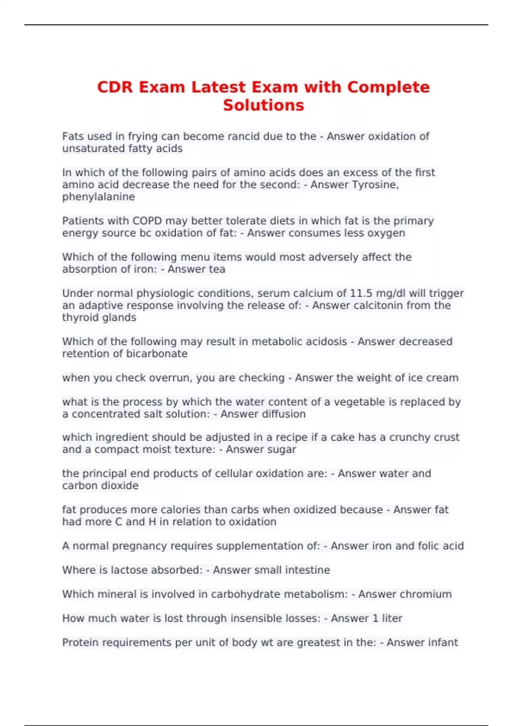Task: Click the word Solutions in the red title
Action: point(263,105)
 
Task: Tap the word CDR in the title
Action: point(115,87)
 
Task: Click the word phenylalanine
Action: point(98,197)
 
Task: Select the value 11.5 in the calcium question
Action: point(362,293)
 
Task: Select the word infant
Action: point(445,642)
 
